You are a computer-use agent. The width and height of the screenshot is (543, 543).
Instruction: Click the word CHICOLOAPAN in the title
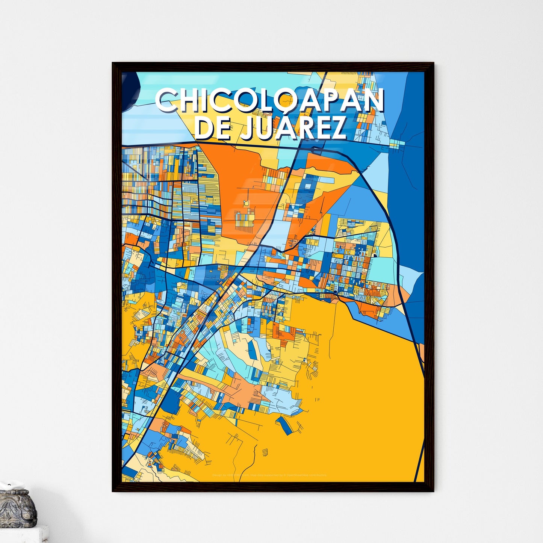270,101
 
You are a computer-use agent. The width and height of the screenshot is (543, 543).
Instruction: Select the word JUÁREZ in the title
293,129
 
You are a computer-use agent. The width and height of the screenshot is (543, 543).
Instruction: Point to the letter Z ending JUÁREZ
337,129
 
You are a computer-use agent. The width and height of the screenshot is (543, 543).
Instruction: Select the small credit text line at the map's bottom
269,475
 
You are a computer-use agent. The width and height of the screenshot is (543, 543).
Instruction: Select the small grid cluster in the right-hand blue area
397,143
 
